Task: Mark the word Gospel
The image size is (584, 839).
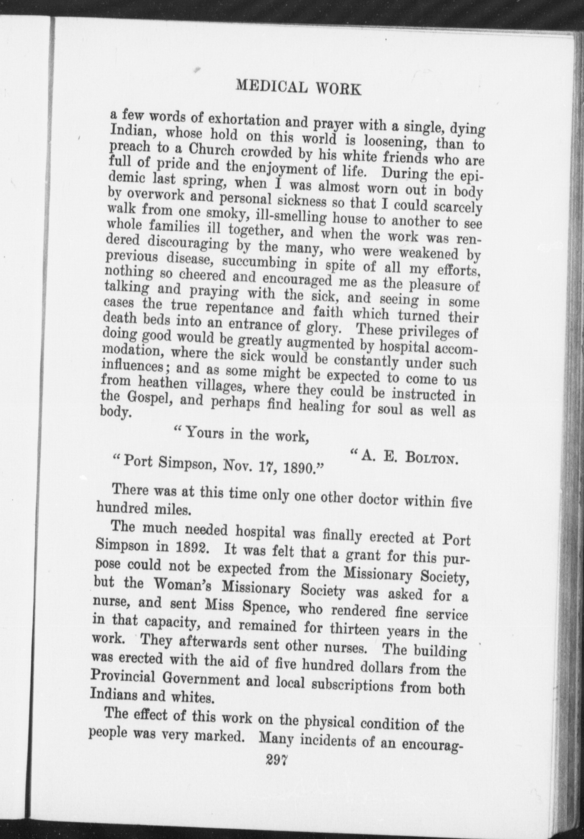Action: tap(147, 399)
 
